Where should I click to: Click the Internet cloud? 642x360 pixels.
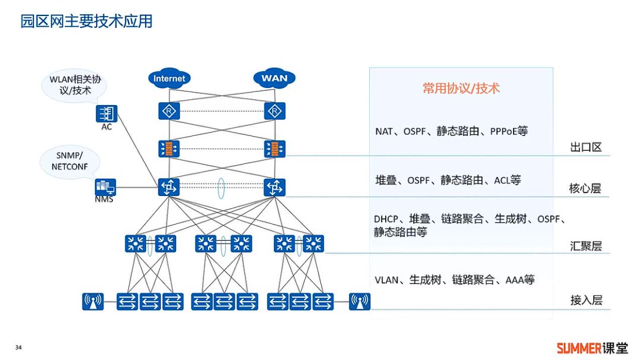pyautogui.click(x=169, y=78)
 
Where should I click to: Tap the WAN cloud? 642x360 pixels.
pyautogui.click(x=274, y=78)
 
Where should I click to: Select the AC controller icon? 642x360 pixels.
pyautogui.click(x=107, y=113)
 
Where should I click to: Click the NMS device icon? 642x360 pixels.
pyautogui.click(x=105, y=188)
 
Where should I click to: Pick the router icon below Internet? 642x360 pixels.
pyautogui.click(x=169, y=110)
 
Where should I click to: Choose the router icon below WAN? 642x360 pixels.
pyautogui.click(x=275, y=110)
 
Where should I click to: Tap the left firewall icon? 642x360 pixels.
pyautogui.click(x=169, y=149)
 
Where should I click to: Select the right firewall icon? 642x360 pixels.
pyautogui.click(x=275, y=149)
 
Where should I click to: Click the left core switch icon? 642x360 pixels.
pyautogui.click(x=169, y=188)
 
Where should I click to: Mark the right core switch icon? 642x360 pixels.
pyautogui.click(x=275, y=188)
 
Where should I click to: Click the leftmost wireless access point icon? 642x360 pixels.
pyautogui.click(x=93, y=302)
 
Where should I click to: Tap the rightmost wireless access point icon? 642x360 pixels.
pyautogui.click(x=359, y=302)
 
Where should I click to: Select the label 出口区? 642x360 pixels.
pyautogui.click(x=586, y=147)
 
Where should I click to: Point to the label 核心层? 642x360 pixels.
pyautogui.click(x=586, y=189)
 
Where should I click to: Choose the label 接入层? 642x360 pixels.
pyautogui.click(x=586, y=300)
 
